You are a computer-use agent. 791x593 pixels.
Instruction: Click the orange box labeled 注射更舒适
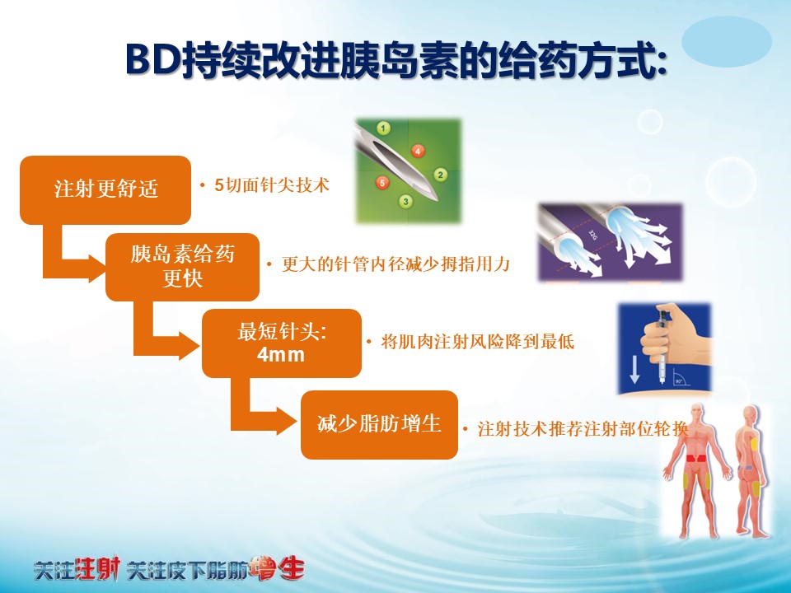tap(105, 190)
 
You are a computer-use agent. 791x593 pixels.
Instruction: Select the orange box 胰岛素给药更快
tap(182, 267)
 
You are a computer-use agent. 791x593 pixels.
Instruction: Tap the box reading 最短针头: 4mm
tap(282, 343)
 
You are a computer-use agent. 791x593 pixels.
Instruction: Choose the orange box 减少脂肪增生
tap(379, 425)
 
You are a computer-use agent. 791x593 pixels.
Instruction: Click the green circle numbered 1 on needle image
tap(383, 128)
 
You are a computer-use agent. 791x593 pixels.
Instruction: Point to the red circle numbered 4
tap(418, 150)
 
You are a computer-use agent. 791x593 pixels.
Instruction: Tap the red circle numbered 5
tap(382, 182)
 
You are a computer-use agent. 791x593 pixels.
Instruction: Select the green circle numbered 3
tap(406, 202)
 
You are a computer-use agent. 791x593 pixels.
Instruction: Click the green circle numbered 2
tap(440, 175)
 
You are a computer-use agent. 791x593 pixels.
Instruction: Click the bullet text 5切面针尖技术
tap(272, 185)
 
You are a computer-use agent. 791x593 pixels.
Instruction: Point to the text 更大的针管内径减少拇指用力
tap(395, 264)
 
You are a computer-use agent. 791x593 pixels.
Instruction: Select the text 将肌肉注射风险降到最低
tap(477, 342)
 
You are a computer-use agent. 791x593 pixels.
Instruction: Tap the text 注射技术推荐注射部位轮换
tap(583, 429)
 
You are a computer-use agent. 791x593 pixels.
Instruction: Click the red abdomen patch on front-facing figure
tap(698, 459)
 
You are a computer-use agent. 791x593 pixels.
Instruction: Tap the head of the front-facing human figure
tap(698, 413)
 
